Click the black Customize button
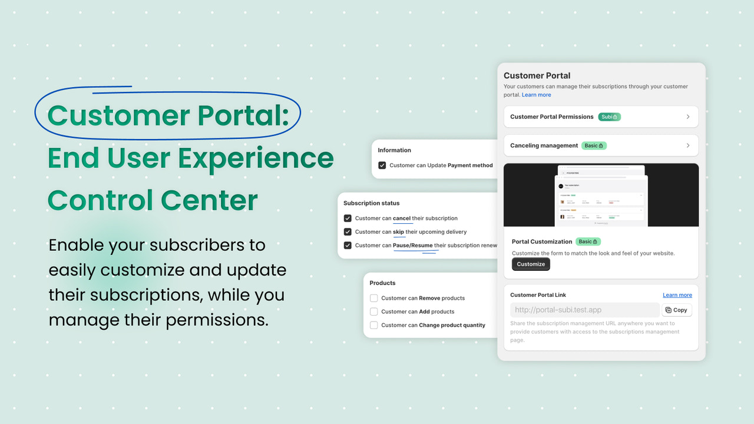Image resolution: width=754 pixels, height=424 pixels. click(x=531, y=264)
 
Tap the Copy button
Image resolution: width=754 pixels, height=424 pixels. click(x=676, y=310)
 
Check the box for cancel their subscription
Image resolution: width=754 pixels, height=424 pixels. click(x=348, y=218)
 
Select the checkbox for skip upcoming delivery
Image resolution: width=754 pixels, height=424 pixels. click(x=348, y=232)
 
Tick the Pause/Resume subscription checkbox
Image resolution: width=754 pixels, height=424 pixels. click(x=348, y=246)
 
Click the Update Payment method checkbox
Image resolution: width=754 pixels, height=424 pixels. click(x=382, y=165)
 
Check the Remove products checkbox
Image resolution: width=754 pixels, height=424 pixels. click(x=373, y=298)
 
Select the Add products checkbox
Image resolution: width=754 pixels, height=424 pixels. click(x=373, y=312)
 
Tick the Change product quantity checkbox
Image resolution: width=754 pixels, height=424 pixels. click(x=373, y=325)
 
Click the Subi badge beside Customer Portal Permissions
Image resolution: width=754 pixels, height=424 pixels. click(x=609, y=117)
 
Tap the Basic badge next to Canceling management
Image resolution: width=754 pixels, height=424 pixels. click(x=594, y=145)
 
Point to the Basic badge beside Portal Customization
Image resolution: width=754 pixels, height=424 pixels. click(x=588, y=241)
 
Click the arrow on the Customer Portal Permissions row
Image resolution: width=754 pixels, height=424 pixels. click(x=687, y=117)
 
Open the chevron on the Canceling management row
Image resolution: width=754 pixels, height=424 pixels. click(x=687, y=145)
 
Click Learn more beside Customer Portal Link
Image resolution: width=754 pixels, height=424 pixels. click(x=677, y=295)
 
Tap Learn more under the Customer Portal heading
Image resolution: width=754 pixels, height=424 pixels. click(x=536, y=95)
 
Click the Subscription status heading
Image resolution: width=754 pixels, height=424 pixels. click(x=371, y=203)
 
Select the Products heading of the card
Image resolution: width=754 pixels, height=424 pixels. click(x=382, y=283)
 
